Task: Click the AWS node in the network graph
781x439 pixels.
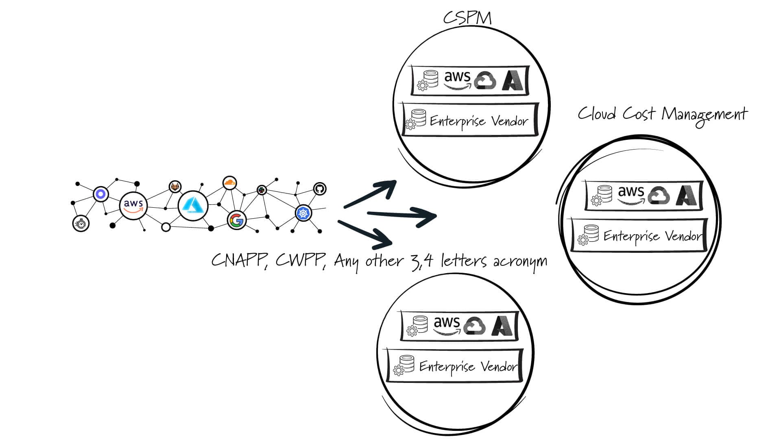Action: point(133,205)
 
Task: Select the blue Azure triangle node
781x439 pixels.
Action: point(193,206)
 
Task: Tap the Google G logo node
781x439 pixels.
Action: point(236,220)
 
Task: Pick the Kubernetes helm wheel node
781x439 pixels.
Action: point(303,213)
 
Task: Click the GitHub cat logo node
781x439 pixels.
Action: point(320,189)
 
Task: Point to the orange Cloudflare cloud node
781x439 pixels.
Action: point(230,183)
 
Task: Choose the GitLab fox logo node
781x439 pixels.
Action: point(175,187)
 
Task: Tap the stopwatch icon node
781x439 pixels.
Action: point(81,223)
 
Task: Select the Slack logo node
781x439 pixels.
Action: point(262,189)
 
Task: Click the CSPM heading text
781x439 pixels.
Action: point(467,18)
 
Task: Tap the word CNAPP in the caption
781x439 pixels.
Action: point(238,261)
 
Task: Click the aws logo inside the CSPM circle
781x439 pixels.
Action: point(457,79)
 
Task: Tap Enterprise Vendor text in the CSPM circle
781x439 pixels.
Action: point(479,121)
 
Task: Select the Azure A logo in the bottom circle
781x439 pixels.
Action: point(503,326)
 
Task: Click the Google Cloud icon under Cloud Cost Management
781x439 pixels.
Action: point(659,196)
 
